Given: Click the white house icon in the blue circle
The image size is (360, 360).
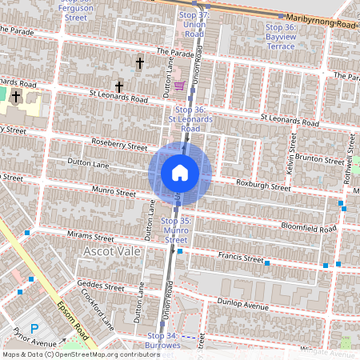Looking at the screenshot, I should pyautogui.click(x=180, y=172).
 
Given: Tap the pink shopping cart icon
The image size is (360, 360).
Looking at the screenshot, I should pyautogui.click(x=180, y=85).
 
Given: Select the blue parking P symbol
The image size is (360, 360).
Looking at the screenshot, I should pyautogui.click(x=34, y=328).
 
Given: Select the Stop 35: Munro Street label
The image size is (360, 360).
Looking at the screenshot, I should pyautogui.click(x=174, y=230).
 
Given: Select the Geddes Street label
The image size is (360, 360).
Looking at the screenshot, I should pyautogui.click(x=101, y=286).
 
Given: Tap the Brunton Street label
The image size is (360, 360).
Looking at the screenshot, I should pyautogui.click(x=318, y=160).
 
